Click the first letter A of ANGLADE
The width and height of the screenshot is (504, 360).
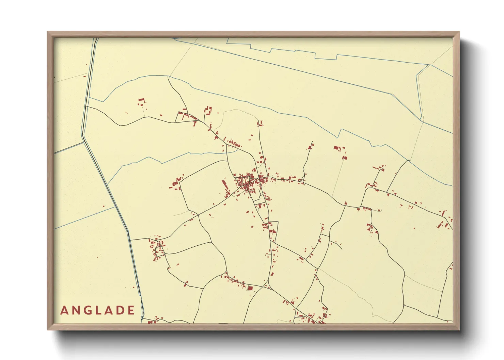click(64, 310)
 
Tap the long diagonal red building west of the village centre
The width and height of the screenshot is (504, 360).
click(225, 185)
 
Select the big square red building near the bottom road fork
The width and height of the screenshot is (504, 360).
click(250, 288)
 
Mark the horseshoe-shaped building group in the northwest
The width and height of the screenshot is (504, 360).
click(208, 110)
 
